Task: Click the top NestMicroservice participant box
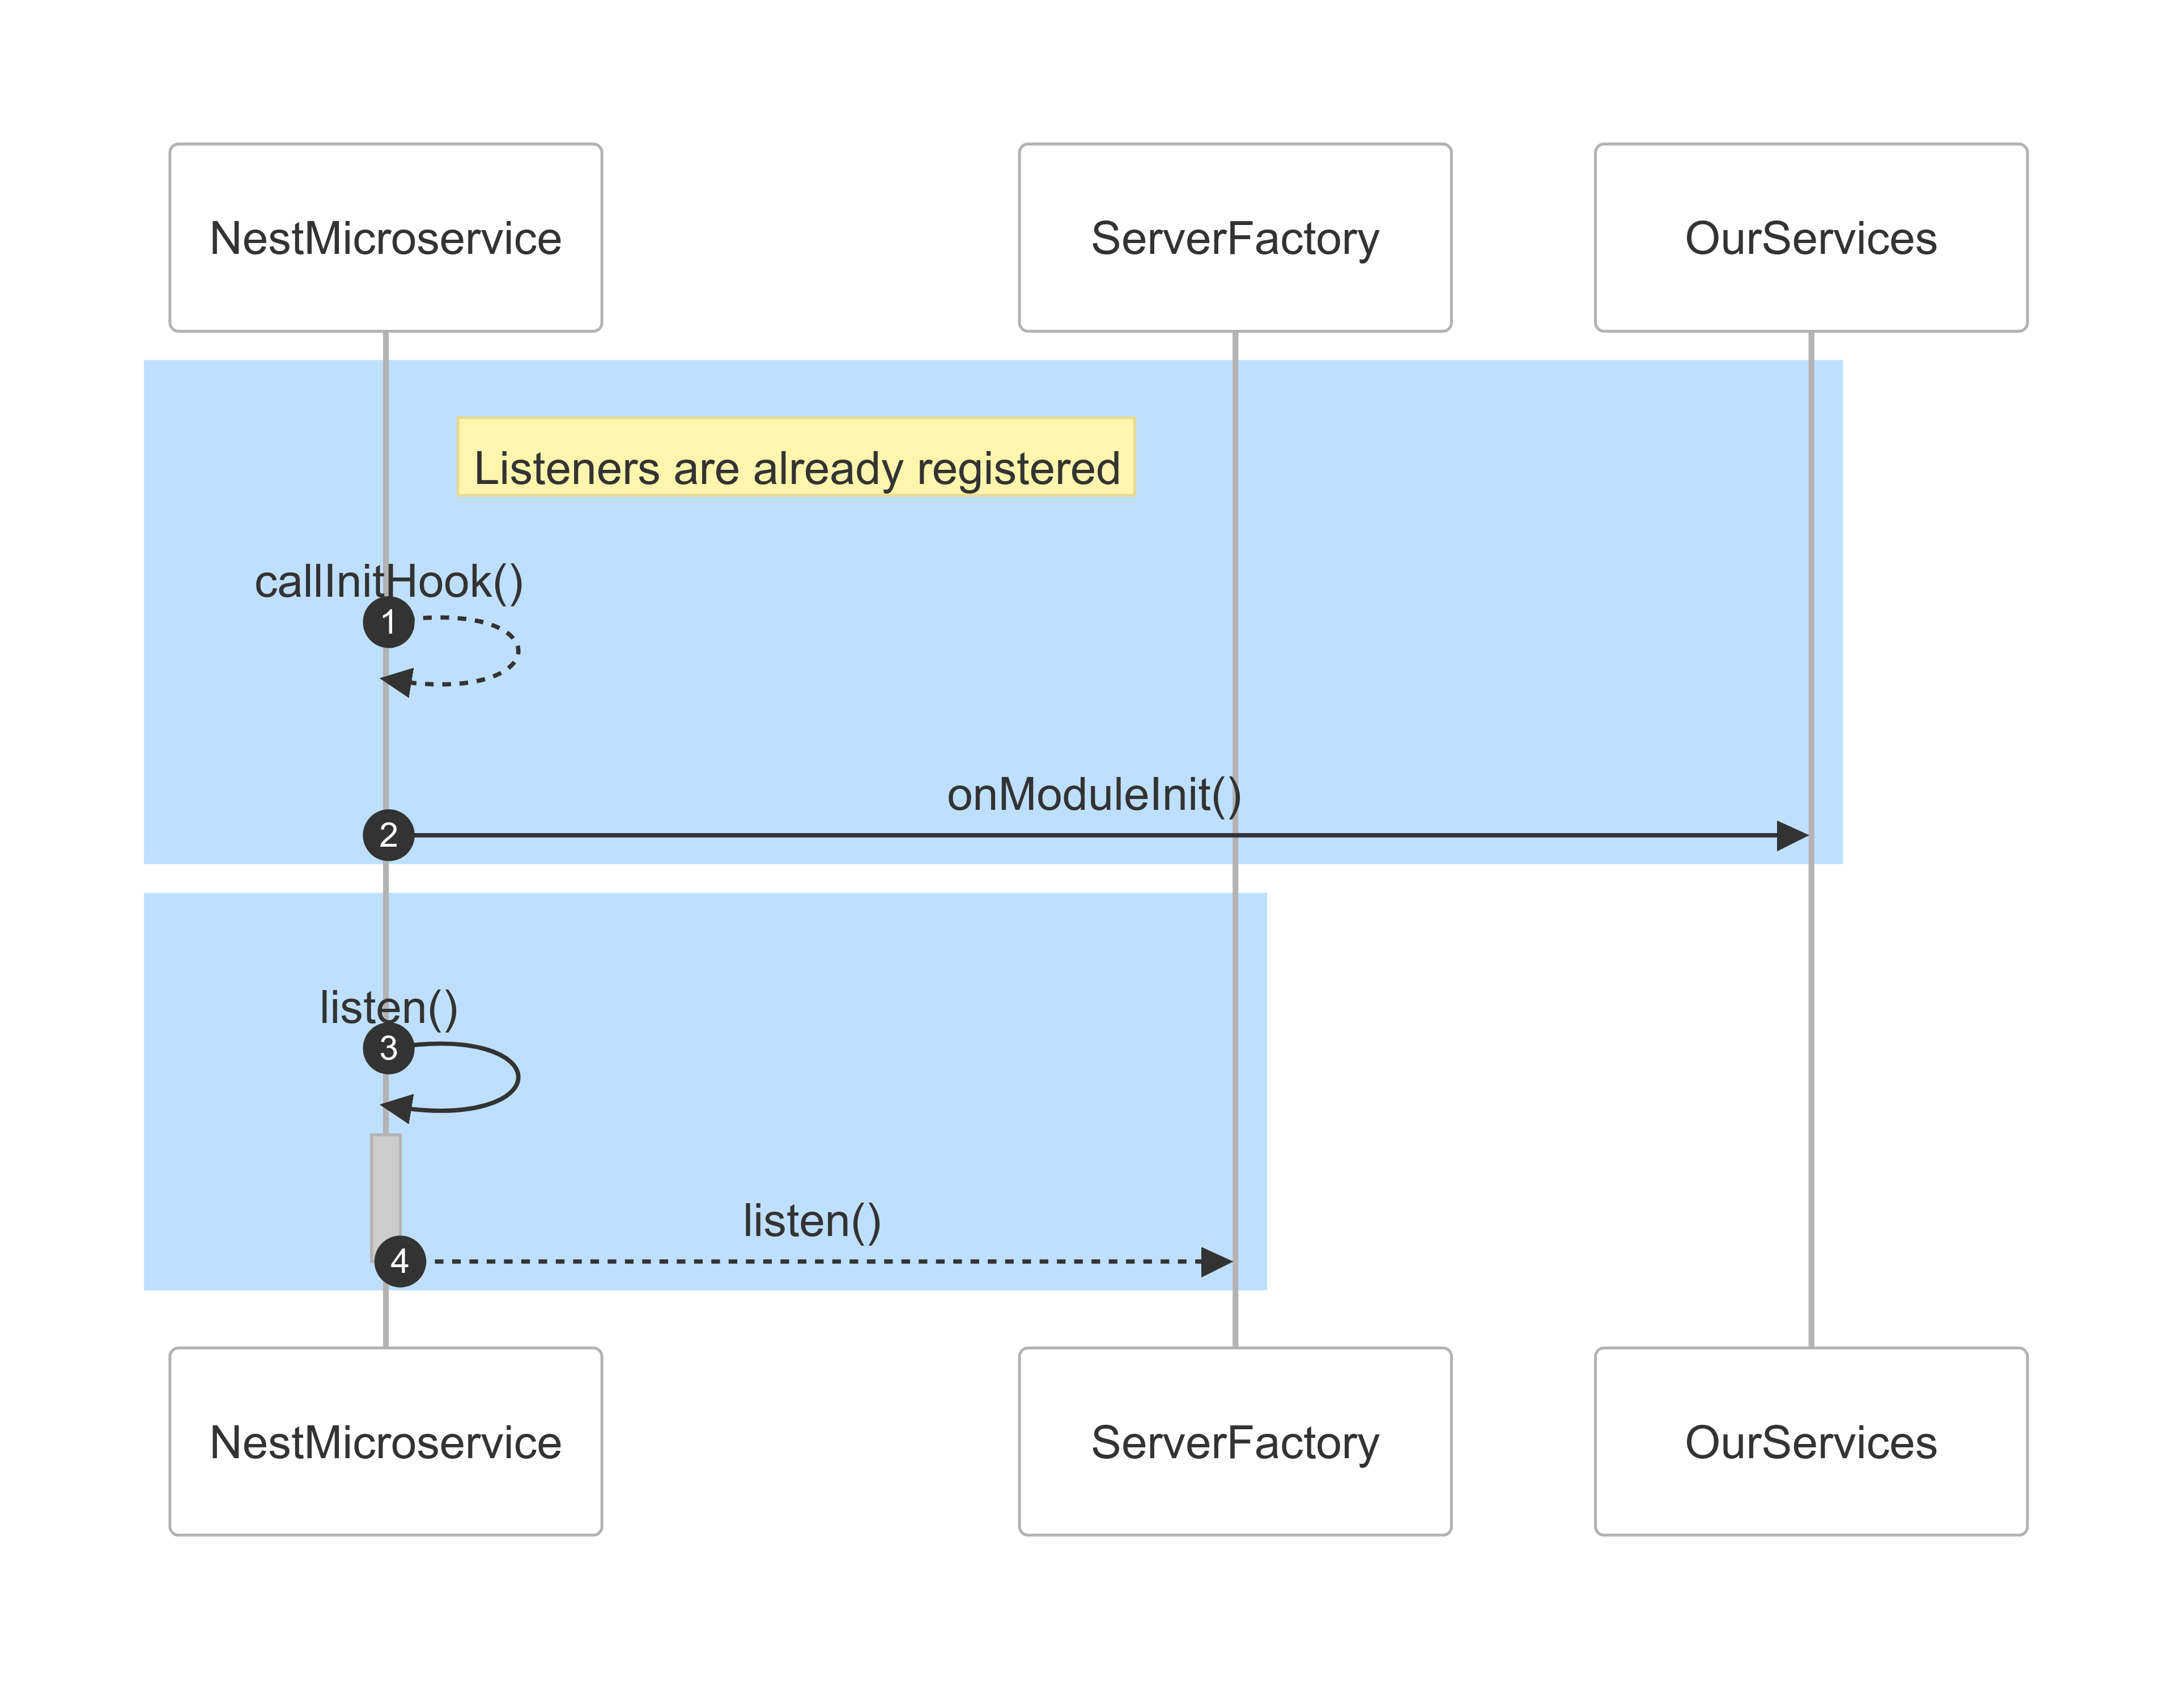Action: point(385,237)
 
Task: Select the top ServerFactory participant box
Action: point(1234,237)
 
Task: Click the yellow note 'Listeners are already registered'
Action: point(795,456)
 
